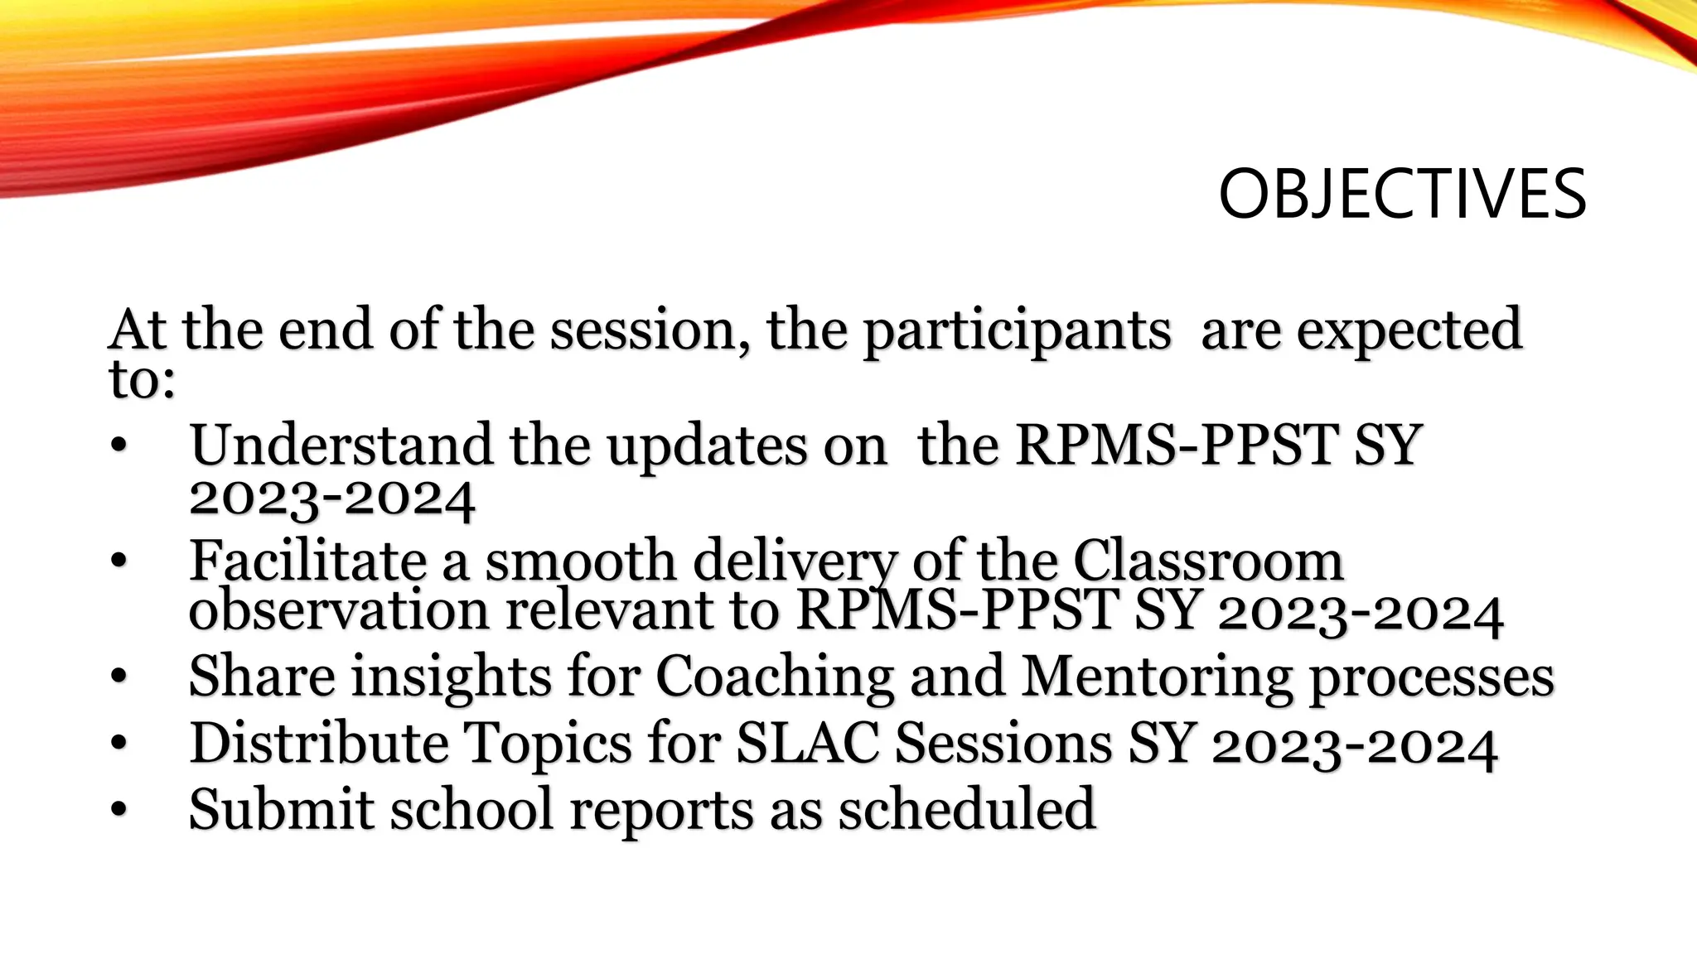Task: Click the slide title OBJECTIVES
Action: pyautogui.click(x=1402, y=195)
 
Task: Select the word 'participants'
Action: pyautogui.click(x=1017, y=332)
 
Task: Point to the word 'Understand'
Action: pyautogui.click(x=341, y=446)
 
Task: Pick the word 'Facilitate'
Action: pyautogui.click(x=307, y=561)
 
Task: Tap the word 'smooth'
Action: pyautogui.click(x=580, y=561)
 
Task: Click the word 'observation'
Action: pyautogui.click(x=339, y=611)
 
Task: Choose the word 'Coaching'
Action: pyautogui.click(x=775, y=678)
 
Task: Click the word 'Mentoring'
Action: pyautogui.click(x=1156, y=678)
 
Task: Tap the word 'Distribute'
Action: pyautogui.click(x=318, y=743)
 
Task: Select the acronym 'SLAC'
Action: pyautogui.click(x=807, y=743)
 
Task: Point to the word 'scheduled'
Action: pyautogui.click(x=967, y=809)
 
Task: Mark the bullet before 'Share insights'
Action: pyautogui.click(x=118, y=677)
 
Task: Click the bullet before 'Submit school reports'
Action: pyautogui.click(x=118, y=809)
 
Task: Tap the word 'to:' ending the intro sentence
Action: pyautogui.click(x=142, y=381)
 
